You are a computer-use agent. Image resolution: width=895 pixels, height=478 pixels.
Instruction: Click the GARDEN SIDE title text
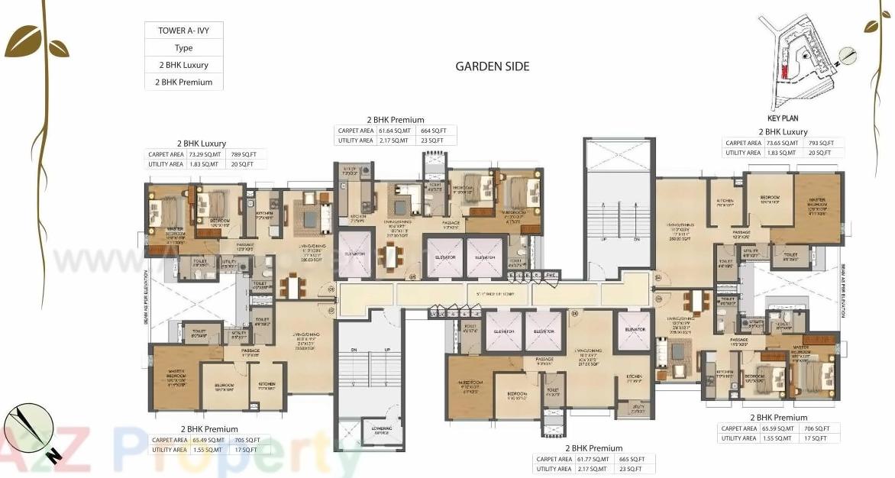click(492, 66)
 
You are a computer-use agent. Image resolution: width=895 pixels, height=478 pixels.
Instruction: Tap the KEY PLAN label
click(782, 119)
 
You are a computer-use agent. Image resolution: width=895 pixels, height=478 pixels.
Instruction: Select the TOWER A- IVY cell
click(183, 31)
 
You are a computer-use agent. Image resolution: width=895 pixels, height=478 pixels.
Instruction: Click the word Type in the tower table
click(183, 47)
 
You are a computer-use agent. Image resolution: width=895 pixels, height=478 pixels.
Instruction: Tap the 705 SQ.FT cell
click(249, 440)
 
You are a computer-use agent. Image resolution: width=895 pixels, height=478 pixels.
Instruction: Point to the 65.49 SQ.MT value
click(208, 440)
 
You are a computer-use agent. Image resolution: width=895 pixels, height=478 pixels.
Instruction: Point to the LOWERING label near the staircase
click(382, 429)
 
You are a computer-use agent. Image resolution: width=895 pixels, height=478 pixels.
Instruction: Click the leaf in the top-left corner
click(23, 42)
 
